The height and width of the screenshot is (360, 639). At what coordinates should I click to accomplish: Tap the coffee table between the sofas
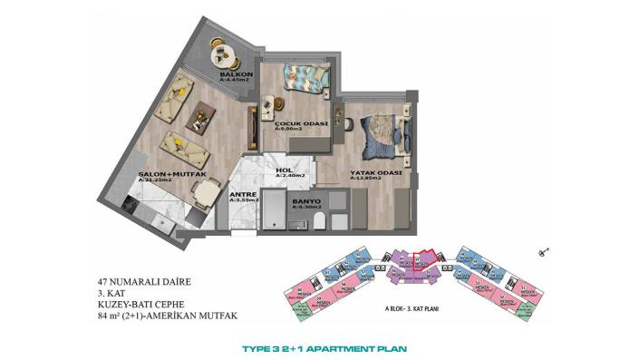click(198, 116)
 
